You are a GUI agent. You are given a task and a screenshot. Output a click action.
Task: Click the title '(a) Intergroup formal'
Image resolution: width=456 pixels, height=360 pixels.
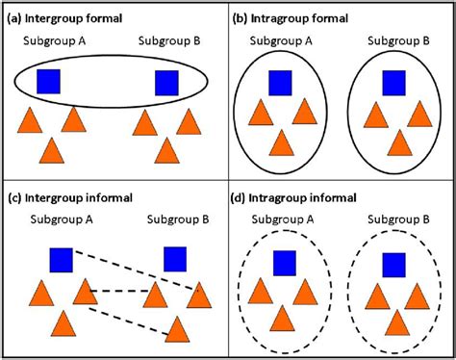68,17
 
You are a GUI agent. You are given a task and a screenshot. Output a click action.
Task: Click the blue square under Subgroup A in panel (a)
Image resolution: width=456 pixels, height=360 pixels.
50,82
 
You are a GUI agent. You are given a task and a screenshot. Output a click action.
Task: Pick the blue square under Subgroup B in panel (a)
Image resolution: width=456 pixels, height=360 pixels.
168,82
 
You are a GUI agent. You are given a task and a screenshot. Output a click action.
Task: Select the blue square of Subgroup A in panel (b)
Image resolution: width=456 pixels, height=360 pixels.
281,84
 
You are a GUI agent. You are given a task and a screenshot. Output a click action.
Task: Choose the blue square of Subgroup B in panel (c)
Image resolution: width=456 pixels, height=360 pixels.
174,259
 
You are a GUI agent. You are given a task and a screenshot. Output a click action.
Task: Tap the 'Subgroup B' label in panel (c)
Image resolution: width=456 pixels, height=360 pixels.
173,219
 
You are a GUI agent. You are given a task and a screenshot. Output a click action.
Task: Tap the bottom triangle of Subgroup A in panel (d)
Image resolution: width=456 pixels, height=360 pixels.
281,320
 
